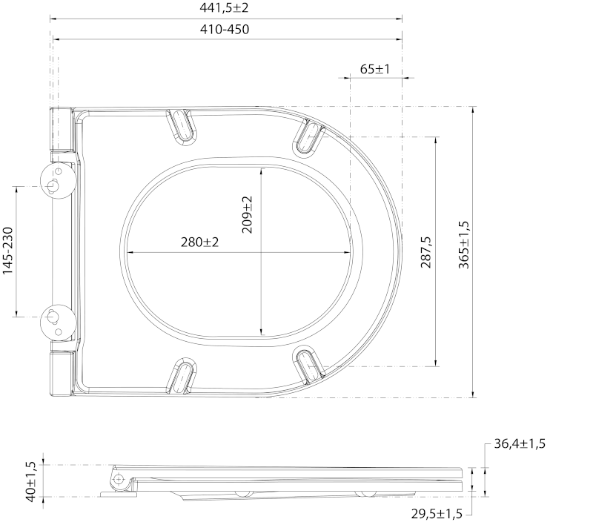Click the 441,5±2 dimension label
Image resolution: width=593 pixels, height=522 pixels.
point(226,7)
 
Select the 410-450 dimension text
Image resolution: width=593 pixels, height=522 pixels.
point(226,30)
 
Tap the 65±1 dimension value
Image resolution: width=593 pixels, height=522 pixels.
point(375,69)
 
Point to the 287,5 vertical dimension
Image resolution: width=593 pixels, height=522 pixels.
point(425,251)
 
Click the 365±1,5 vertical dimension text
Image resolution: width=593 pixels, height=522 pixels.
point(463,245)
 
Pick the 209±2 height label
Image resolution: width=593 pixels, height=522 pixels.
point(248,214)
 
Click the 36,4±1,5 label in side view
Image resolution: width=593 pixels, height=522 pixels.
point(520,444)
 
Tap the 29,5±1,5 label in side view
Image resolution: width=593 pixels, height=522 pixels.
point(437,514)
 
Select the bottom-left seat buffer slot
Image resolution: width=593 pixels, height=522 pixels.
point(182,375)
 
